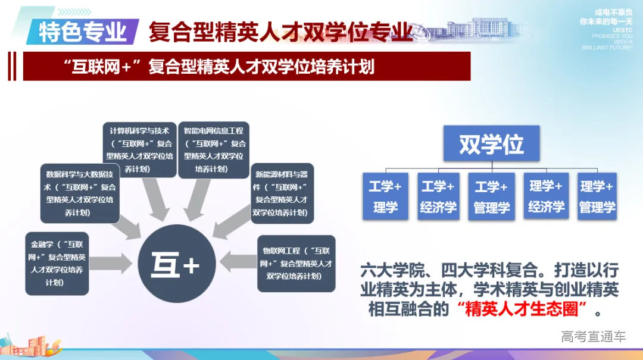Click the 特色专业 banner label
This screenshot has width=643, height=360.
tap(83, 32)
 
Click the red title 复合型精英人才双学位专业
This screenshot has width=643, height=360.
tap(280, 31)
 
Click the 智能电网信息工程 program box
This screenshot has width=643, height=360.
tap(214, 149)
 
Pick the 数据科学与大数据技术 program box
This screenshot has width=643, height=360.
tap(79, 193)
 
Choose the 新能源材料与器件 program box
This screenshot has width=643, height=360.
tap(282, 193)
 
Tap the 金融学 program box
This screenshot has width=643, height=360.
tap(57, 264)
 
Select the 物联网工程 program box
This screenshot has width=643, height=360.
tap(296, 264)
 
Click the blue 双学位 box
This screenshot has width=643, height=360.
tap(491, 143)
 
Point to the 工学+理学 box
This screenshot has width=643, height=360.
tap(385, 197)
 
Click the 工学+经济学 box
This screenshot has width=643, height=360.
tap(438, 197)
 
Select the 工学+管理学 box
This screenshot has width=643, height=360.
tap(491, 197)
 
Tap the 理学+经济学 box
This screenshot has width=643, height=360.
tap(546, 196)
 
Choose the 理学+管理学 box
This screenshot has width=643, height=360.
tap(597, 197)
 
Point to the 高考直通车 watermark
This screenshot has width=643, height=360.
tap(593, 336)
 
